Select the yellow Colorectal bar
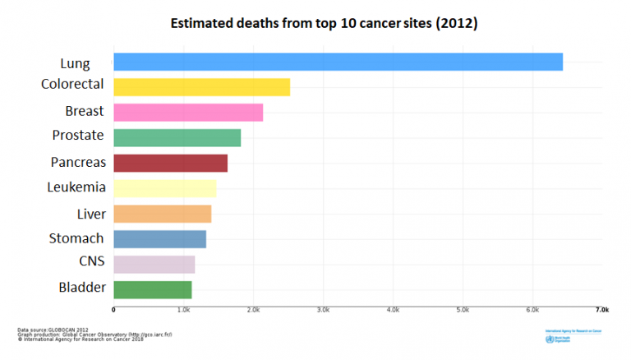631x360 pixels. click(201, 87)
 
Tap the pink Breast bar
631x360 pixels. click(188, 113)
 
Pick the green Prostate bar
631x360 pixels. click(177, 138)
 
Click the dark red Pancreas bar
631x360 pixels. click(170, 164)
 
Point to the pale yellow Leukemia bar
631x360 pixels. click(164, 188)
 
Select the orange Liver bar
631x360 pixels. click(162, 214)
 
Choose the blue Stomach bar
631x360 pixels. click(159, 239)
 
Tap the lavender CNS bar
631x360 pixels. click(154, 265)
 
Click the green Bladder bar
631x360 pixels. click(152, 289)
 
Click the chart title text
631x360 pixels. click(324, 24)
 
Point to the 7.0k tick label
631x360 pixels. click(602, 310)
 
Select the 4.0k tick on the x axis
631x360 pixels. click(393, 310)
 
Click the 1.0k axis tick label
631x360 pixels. click(183, 310)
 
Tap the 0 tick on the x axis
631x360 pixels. click(113, 310)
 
